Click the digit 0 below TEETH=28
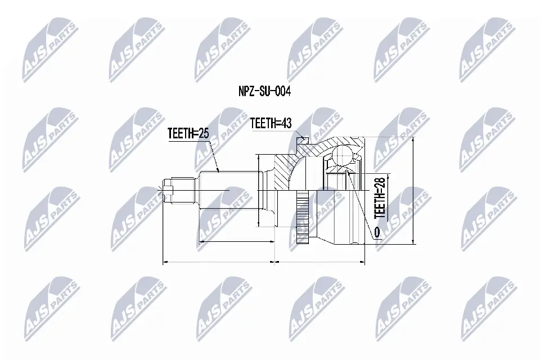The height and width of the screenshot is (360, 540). tap(376, 231)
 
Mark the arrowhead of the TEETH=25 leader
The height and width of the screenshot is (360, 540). tap(218, 170)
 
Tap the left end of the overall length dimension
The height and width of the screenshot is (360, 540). tap(163, 262)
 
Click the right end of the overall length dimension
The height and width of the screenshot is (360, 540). tap(364, 262)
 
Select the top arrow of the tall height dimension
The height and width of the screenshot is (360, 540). tap(412, 138)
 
